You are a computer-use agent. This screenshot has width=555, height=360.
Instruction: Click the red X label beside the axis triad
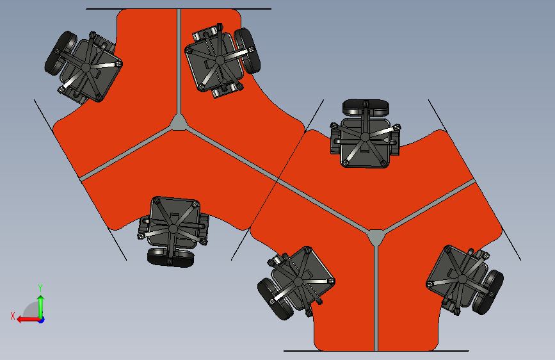click(x=13, y=316)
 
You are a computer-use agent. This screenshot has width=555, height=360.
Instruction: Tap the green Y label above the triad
click(x=40, y=288)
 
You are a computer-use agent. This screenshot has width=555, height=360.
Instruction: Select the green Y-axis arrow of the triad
click(x=41, y=307)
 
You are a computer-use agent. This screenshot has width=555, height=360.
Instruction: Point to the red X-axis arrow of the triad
click(x=29, y=320)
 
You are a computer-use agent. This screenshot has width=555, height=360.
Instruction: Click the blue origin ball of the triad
click(x=42, y=320)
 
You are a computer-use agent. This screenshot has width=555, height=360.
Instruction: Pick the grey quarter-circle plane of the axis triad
click(x=31, y=309)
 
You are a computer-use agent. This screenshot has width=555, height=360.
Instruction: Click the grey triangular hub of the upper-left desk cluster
click(x=179, y=122)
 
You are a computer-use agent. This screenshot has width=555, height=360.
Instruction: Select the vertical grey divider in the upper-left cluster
click(x=179, y=61)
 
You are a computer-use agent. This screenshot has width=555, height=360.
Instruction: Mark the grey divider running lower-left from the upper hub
click(x=126, y=154)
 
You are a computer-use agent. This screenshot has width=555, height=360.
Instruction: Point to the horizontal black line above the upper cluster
click(x=179, y=9)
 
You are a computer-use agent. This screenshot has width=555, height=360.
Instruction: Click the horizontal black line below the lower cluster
click(x=376, y=351)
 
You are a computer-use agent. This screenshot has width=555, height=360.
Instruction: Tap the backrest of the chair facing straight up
click(x=366, y=107)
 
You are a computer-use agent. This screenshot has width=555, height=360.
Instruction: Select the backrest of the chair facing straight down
click(x=171, y=258)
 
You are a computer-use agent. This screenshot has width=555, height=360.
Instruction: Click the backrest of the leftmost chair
click(x=60, y=53)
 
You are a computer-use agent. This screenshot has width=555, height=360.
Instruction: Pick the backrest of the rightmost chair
click(x=488, y=292)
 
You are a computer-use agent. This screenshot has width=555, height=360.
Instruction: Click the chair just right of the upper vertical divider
click(x=222, y=61)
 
